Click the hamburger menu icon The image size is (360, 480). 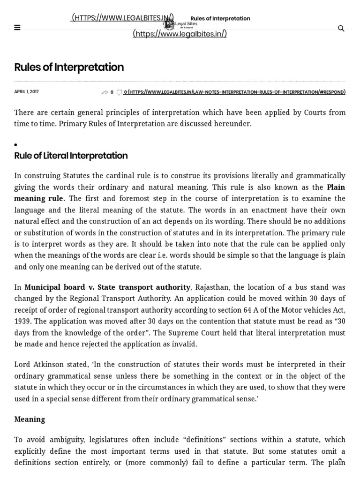point(17,28)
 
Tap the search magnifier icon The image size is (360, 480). point(341,29)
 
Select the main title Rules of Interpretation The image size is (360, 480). point(69,67)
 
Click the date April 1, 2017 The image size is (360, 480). point(26,92)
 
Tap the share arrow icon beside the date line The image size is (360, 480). point(105,92)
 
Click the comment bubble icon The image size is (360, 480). point(120,92)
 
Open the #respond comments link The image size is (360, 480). point(234,92)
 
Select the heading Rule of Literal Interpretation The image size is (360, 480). point(71,156)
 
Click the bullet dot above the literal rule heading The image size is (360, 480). point(16,145)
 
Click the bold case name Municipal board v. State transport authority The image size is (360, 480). point(107,287)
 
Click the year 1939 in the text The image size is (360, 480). point(24,321)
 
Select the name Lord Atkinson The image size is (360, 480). point(37,364)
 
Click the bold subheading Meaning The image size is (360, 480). point(30,419)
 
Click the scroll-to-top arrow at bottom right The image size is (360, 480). point(340,460)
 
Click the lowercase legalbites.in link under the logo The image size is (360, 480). point(180,34)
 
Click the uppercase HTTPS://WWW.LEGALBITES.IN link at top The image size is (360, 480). point(123,18)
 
